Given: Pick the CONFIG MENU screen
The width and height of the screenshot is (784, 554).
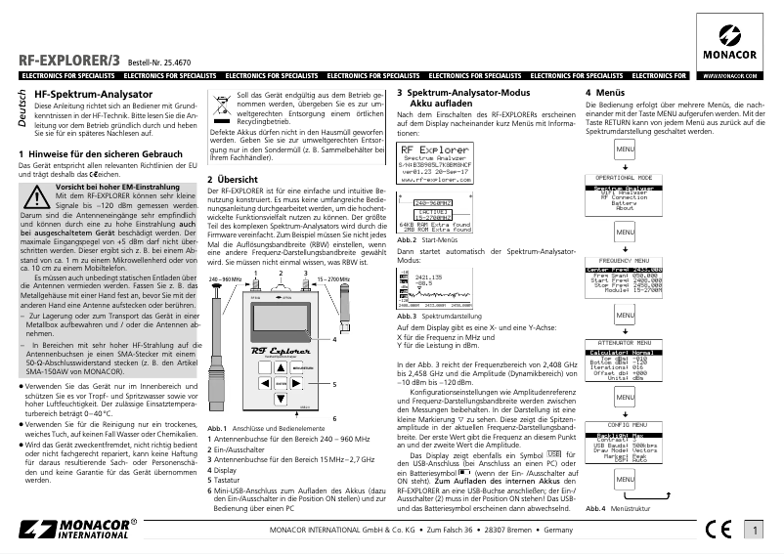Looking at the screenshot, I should click(624, 443).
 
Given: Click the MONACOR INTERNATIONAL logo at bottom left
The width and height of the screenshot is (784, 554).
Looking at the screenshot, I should click(76, 530).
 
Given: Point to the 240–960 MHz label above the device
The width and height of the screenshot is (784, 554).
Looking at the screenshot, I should click(225, 278).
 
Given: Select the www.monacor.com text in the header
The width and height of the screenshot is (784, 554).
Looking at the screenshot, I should click(732, 74).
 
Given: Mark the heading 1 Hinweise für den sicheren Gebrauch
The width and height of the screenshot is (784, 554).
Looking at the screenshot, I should click(101, 154).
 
